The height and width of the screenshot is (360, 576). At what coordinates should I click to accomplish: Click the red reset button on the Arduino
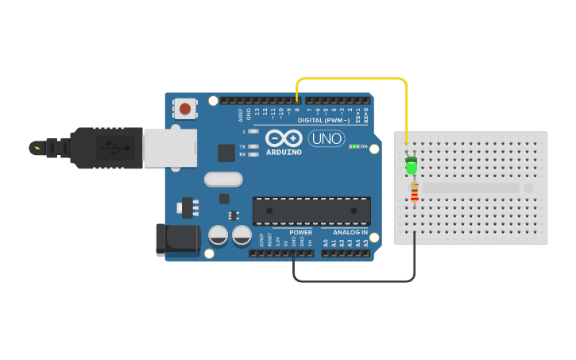[185, 108]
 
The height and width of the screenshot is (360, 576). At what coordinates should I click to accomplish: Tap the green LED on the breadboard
[411, 166]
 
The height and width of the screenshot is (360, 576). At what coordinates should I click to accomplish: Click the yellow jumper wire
[350, 78]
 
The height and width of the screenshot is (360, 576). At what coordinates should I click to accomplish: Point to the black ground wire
[354, 281]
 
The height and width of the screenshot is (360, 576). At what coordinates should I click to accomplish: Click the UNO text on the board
[327, 138]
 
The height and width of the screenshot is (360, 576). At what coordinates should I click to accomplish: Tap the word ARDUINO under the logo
[284, 152]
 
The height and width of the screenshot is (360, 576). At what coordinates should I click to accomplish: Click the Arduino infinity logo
[284, 137]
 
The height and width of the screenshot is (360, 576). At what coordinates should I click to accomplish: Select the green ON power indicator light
[354, 146]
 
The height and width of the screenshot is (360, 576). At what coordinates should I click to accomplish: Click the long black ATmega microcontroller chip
[311, 211]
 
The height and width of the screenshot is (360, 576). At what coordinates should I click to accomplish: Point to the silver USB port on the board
[170, 149]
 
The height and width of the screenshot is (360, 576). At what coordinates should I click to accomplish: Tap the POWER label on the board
[300, 233]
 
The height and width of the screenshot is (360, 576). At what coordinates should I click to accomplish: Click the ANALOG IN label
[350, 233]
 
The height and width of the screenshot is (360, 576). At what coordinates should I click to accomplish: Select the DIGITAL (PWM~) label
[323, 120]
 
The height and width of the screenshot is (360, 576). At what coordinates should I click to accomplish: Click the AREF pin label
[241, 115]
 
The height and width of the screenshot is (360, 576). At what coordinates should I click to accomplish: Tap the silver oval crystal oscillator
[223, 179]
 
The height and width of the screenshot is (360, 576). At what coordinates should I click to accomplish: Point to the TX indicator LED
[253, 146]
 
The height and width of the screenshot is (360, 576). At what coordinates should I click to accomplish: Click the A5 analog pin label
[366, 242]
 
